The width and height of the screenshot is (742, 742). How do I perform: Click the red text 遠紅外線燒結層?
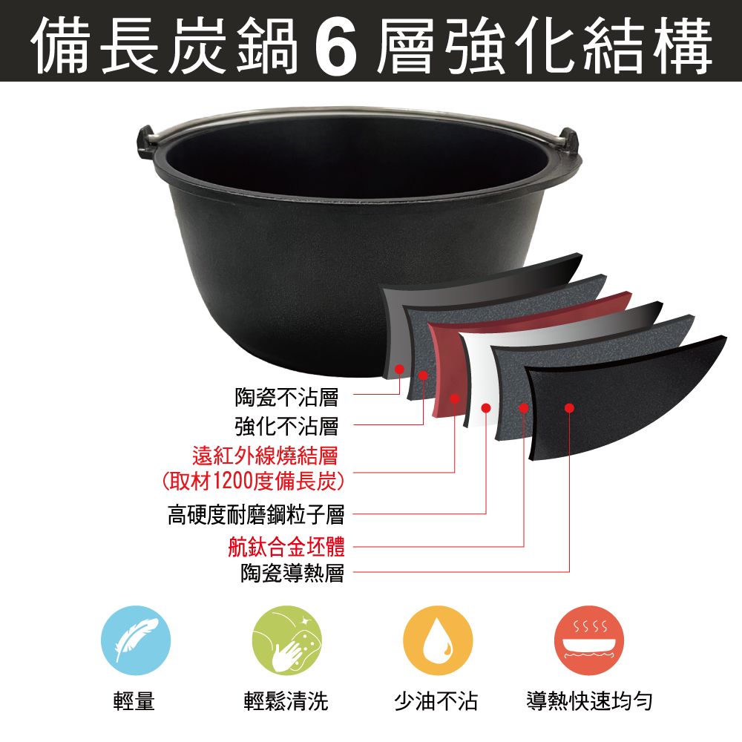click(265, 454)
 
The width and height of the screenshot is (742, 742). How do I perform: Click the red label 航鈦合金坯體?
click(286, 547)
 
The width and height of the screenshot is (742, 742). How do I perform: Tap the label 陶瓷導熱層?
click(292, 573)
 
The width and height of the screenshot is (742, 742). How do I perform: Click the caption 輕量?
click(134, 701)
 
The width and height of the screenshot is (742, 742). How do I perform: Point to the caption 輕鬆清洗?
click(286, 701)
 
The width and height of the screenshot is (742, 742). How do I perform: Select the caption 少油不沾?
click(436, 701)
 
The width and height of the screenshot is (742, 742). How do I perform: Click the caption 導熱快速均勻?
click(589, 701)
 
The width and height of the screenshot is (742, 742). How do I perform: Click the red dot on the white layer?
click(486, 407)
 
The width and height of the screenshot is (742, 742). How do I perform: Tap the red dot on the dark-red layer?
click(455, 399)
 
